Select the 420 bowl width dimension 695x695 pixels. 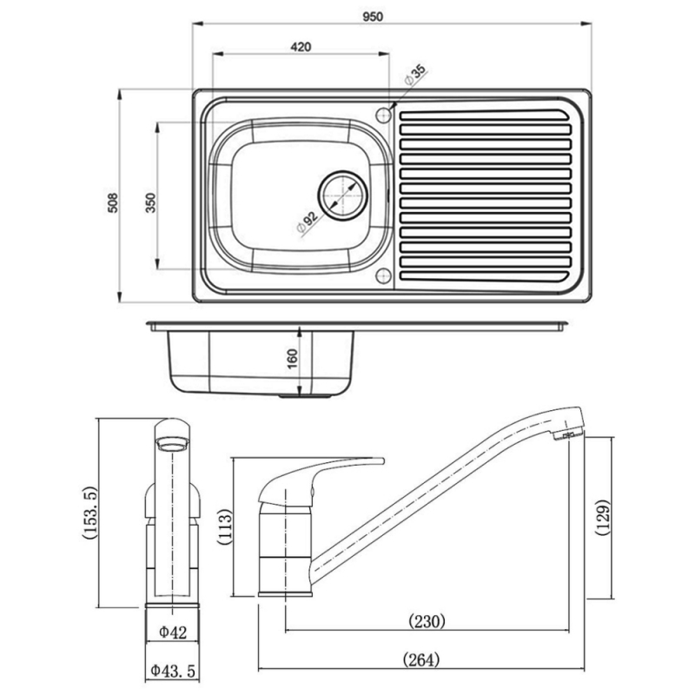click(x=301, y=46)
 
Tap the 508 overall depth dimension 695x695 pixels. click(x=112, y=202)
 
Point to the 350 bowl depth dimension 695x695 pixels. click(x=149, y=202)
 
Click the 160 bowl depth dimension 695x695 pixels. click(x=292, y=358)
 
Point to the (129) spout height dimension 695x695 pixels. click(x=605, y=519)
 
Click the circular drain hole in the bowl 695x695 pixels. click(x=341, y=192)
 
